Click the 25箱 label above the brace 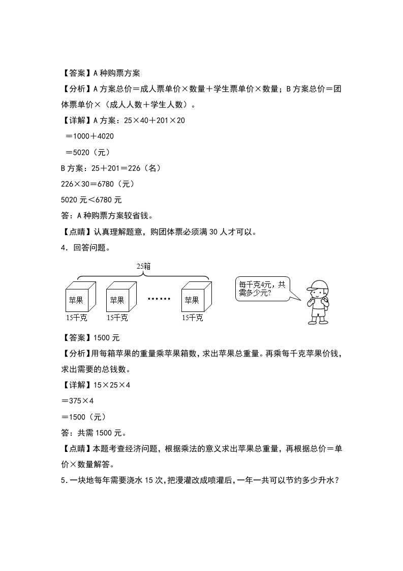tap(144, 266)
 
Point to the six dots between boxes tap(159, 299)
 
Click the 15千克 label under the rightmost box tap(192, 318)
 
